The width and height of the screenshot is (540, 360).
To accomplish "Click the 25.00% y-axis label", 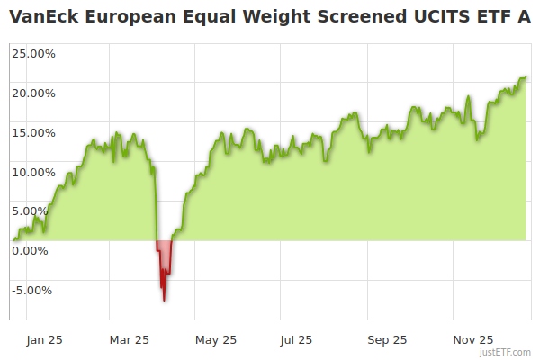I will [x=33, y=54].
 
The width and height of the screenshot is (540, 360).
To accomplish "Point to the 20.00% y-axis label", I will [x=33, y=94].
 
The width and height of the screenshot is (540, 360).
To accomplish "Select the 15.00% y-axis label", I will [x=33, y=133].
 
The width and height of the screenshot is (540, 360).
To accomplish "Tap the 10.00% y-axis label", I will [x=33, y=173].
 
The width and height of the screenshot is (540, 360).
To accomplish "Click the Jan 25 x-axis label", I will [x=44, y=340].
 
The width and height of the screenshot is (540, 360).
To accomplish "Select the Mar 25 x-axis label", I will [x=129, y=340].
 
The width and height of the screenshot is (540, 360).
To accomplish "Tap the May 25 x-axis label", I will [x=216, y=340].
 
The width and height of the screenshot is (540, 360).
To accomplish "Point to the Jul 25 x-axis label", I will [x=297, y=340].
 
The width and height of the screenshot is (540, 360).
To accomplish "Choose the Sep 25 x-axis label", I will [x=387, y=340].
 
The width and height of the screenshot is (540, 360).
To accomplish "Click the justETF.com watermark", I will [x=505, y=352].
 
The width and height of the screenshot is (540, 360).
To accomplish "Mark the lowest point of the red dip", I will [x=164, y=301].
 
